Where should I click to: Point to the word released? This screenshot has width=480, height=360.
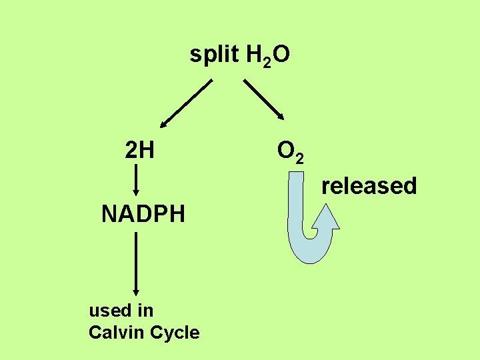pos(369,186)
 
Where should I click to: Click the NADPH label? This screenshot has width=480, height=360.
pos(143,215)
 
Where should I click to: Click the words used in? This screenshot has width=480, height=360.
pos(121,310)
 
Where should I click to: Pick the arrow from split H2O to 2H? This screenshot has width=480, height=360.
pos(187,103)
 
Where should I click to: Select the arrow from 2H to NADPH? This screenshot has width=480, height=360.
pos(136,180)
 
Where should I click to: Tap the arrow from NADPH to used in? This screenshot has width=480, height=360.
pos(136,263)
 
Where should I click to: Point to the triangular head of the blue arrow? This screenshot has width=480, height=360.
pos(326,217)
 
